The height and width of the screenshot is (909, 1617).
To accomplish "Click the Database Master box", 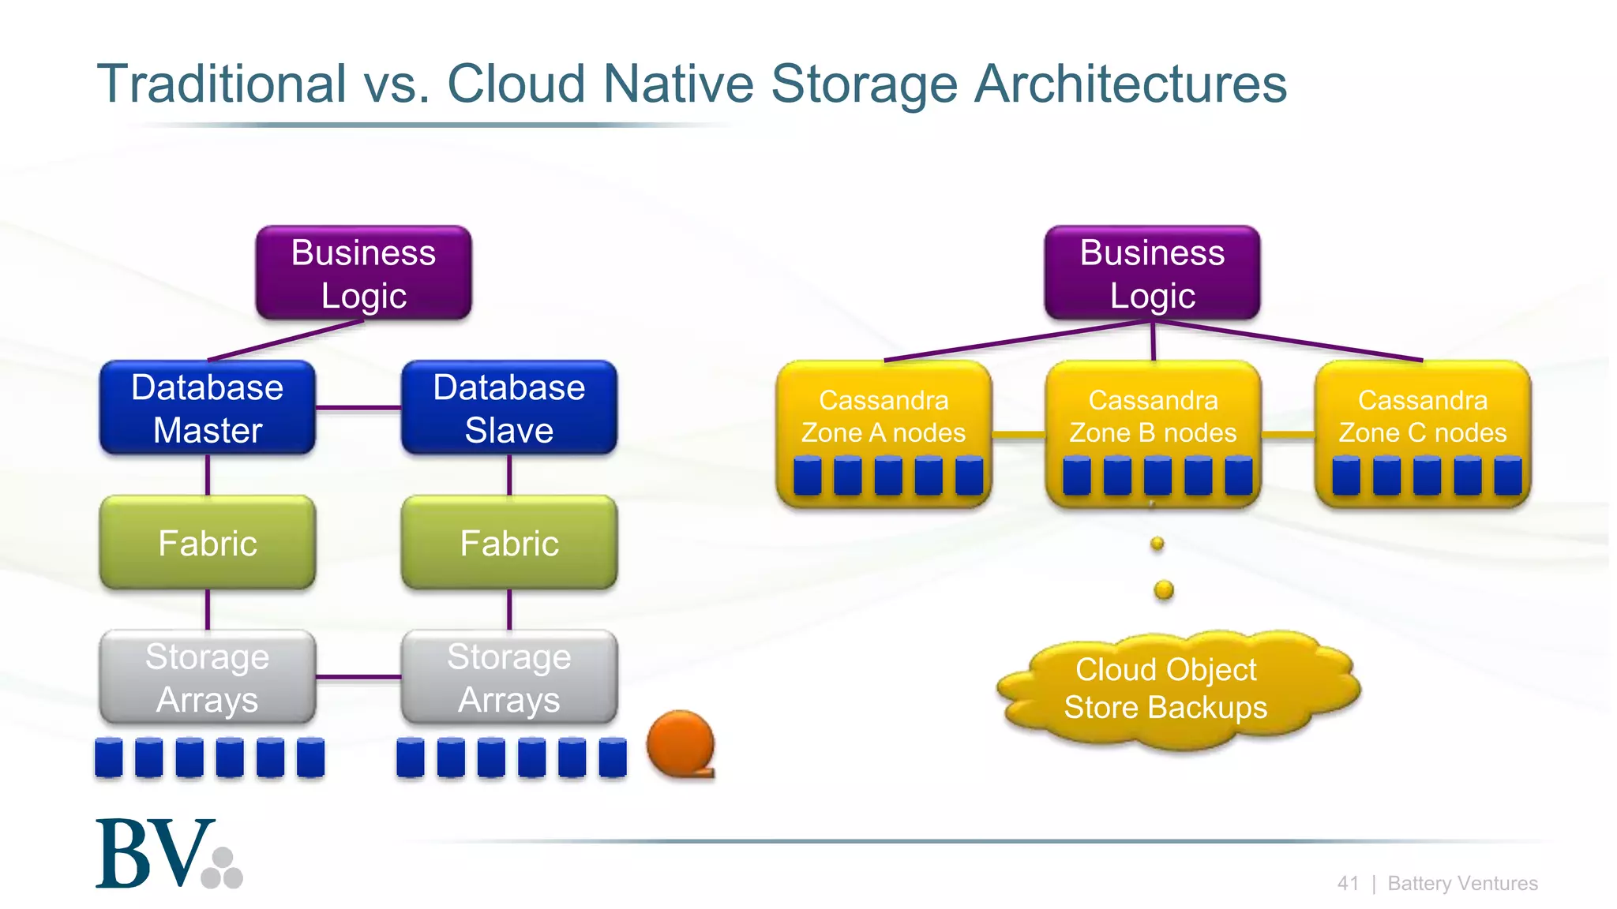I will pos(208,408).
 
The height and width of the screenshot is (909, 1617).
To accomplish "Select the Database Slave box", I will pos(509,408).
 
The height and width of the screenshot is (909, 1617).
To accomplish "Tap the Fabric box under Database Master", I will pos(208,543).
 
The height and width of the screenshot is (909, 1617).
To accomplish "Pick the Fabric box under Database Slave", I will pos(509,543).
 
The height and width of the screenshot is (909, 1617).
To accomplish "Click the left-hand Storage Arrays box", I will pos(208,678).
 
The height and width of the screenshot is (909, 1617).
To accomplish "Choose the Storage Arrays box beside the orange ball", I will pos(509,678).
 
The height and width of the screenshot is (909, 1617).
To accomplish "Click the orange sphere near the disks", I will pos(680,743).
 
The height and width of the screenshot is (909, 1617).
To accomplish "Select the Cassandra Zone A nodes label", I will pos(884,417).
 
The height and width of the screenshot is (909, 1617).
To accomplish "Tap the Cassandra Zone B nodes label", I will pos(1153,417).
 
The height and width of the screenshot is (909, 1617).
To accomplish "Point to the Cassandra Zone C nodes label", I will pos(1423,417).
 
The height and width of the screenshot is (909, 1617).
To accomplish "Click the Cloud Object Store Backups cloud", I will pos(1166,689).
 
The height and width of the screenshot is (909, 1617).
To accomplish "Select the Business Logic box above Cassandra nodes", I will pos(1152,274).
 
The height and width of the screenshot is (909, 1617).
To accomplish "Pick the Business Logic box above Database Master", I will pos(364,274).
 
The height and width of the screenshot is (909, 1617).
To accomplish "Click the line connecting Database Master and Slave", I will pos(358,408).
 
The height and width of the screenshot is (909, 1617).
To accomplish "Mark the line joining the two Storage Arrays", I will pos(358,677).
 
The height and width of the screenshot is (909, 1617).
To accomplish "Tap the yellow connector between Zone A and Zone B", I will pos(1019,435).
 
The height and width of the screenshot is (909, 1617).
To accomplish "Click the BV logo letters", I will pos(154,855).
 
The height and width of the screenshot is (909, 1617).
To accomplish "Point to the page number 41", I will pos(1348,883).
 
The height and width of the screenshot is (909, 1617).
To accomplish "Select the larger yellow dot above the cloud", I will pos(1163,589).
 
